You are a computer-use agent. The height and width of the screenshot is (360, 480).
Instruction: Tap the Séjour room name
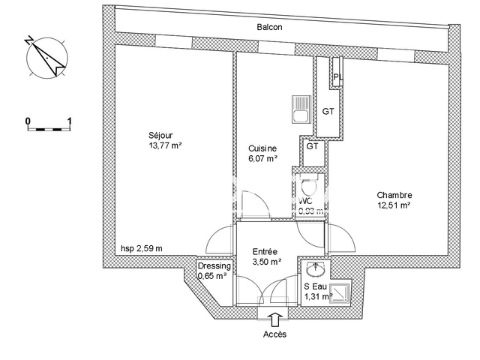[160, 136]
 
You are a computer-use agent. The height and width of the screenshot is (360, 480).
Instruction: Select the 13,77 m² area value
[166, 146]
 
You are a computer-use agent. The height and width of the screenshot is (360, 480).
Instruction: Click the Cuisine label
[262, 148]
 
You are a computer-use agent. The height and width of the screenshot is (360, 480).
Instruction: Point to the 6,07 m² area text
[262, 159]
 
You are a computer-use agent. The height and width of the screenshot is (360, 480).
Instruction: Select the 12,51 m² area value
[394, 204]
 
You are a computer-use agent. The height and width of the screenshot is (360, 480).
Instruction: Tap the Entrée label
[265, 251]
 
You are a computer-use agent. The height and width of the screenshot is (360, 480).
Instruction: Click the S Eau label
[315, 286]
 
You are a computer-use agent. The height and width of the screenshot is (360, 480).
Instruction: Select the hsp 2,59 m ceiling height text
[142, 248]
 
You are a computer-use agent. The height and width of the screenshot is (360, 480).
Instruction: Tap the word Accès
[274, 334]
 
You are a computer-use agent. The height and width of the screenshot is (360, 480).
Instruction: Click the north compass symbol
[44, 55]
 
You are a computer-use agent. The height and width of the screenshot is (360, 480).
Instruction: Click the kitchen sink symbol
[300, 112]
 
